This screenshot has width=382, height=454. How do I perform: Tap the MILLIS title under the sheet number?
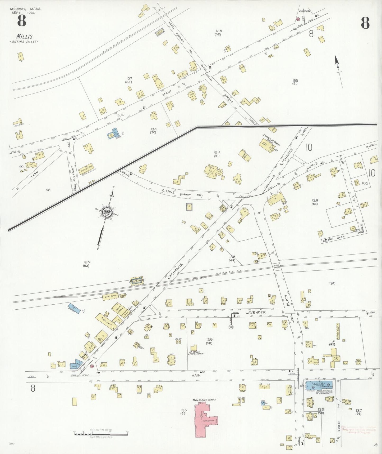coord(24,37)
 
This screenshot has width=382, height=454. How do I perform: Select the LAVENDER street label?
coord(255,313)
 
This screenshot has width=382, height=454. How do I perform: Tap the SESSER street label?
coord(339,426)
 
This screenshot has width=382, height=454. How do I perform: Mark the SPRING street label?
coord(228,98)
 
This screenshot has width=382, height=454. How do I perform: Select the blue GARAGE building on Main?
coord(319,385)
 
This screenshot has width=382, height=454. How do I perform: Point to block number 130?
coord(332,283)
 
